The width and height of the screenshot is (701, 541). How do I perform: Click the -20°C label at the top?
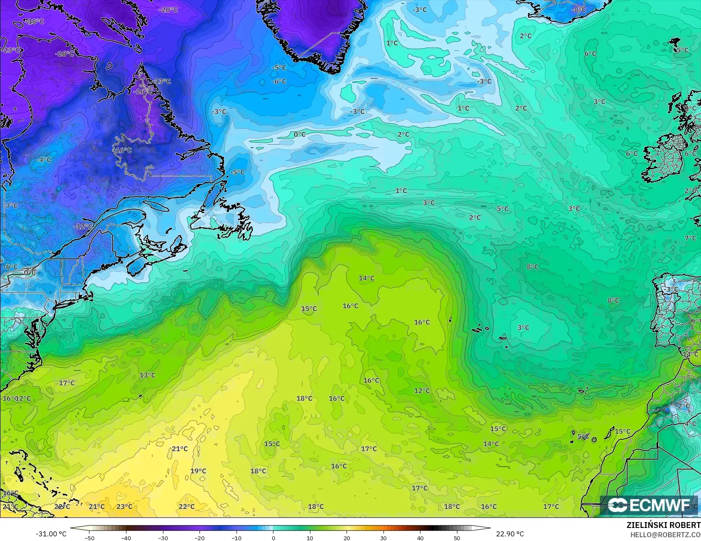pos(169,10)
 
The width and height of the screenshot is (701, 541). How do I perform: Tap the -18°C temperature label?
pos(35,21)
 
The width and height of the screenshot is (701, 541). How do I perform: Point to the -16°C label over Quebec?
pos(123,150)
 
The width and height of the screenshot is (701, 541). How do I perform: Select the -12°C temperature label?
pos(83,226)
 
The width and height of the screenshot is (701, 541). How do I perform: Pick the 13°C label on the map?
pos(147,375)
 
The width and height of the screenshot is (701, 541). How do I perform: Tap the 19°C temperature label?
pos(198,471)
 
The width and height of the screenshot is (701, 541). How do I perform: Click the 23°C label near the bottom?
pos(124,507)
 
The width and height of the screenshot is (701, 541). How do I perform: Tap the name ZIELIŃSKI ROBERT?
pos(663,525)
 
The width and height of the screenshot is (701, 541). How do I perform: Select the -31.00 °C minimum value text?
pos(51,534)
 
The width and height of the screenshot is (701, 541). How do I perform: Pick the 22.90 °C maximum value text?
pos(510,534)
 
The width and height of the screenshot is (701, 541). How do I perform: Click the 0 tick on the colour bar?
pos(273,538)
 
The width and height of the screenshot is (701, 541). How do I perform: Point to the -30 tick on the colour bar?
pos(163,538)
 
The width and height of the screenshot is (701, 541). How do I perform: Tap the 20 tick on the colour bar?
pos(347,538)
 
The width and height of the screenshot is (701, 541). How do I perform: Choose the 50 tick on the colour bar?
pos(457,538)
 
